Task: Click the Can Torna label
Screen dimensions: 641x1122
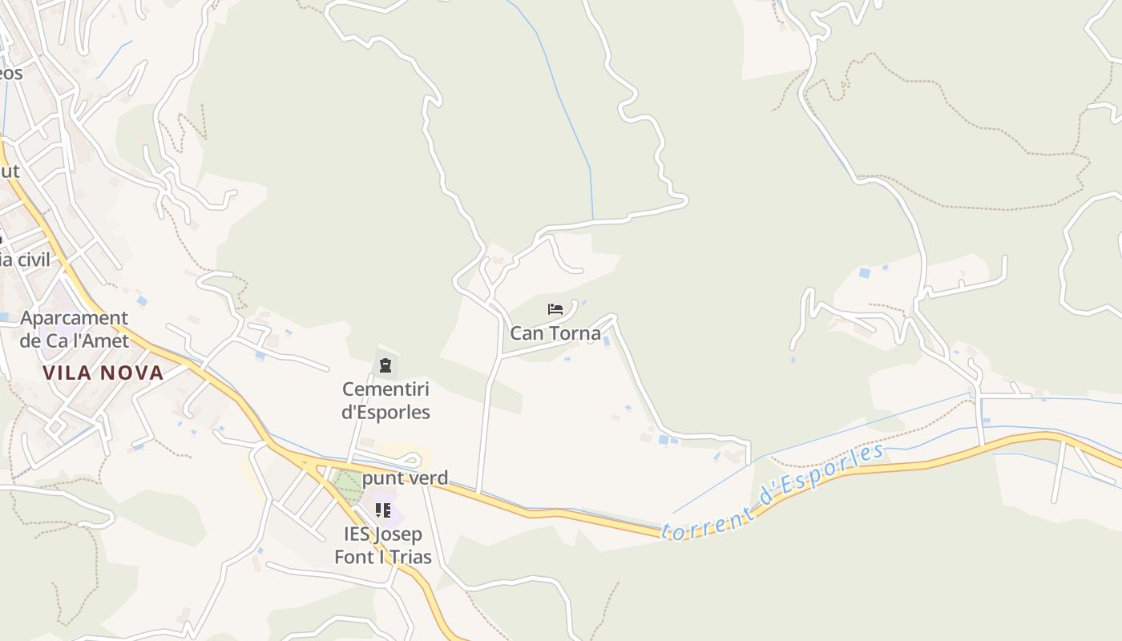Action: pyautogui.click(x=555, y=333)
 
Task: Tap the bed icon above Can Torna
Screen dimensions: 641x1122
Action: pyautogui.click(x=555, y=309)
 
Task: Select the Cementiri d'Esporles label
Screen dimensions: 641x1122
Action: pyautogui.click(x=385, y=401)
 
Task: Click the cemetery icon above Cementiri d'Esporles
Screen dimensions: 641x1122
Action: pyautogui.click(x=385, y=366)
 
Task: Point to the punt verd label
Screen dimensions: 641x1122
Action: pyautogui.click(x=405, y=479)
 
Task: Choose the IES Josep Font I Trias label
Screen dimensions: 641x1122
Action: pyautogui.click(x=383, y=546)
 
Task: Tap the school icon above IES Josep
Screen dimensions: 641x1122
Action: pyautogui.click(x=383, y=510)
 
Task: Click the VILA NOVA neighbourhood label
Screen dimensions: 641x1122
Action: pyautogui.click(x=103, y=373)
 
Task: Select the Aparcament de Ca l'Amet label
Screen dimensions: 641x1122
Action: pyautogui.click(x=74, y=329)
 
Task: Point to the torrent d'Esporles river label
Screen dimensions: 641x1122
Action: pyautogui.click(x=773, y=493)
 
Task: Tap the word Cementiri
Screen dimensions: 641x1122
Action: pyautogui.click(x=385, y=389)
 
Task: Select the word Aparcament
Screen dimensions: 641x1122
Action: pyautogui.click(x=74, y=318)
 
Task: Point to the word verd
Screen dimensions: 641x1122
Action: pyautogui.click(x=426, y=479)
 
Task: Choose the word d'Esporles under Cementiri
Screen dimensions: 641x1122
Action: pyautogui.click(x=385, y=413)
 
